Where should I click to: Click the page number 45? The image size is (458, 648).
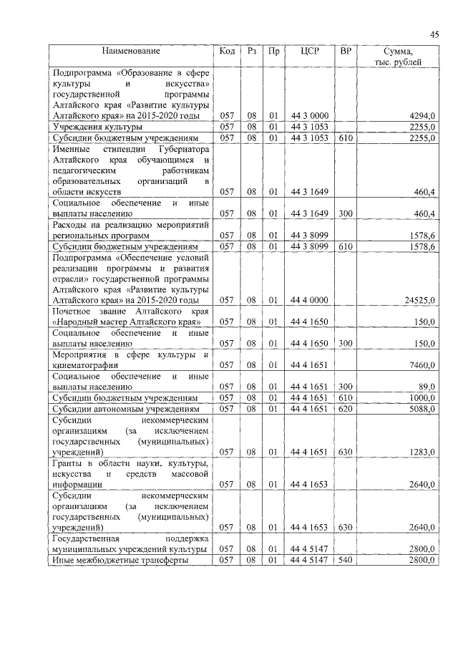(x=434, y=34)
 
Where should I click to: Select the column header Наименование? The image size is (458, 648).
(x=130, y=52)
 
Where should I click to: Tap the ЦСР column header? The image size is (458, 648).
(x=310, y=52)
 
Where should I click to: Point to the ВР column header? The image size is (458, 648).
(x=346, y=52)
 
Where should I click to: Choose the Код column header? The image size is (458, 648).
(x=227, y=52)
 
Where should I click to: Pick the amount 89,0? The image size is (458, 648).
(x=425, y=387)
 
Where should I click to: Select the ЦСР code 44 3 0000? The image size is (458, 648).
(x=310, y=116)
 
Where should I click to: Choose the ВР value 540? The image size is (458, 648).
(x=346, y=560)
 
